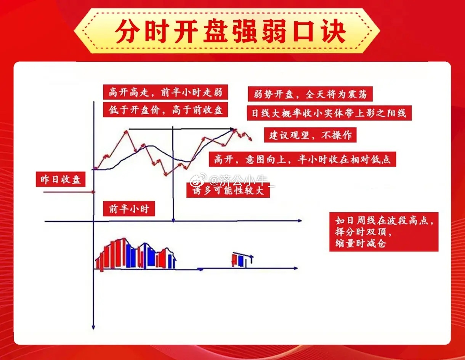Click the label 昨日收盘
tap(60, 179)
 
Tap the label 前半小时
tap(129, 209)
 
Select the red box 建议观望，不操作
tap(310, 135)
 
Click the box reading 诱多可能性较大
tap(228, 190)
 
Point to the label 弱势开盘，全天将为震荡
tap(310, 94)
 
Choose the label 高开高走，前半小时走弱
tap(165, 92)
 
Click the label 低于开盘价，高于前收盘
tap(165, 110)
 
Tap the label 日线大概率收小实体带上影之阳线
tap(329, 113)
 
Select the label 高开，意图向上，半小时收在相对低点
tap(302, 159)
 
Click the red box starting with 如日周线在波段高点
tap(384, 232)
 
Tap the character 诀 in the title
tap(334, 31)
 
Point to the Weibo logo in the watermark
tap(198, 180)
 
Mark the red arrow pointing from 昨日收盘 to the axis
tap(69, 192)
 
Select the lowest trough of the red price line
tap(166, 175)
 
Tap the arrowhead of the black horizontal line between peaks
tap(232, 129)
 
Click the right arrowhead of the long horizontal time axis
tap(299, 221)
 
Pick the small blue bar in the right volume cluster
tap(241, 261)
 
